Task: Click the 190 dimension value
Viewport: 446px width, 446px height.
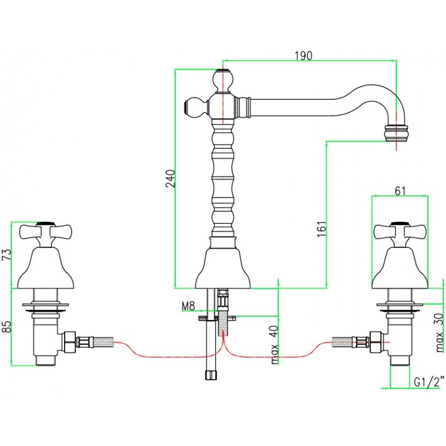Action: click(303, 56)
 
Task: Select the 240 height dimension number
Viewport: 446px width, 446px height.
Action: click(171, 178)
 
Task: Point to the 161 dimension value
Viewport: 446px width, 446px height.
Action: click(321, 229)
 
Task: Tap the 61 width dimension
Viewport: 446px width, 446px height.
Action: click(400, 191)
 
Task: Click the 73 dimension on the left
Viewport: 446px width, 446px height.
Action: click(7, 254)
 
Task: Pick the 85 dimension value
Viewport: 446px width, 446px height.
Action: click(7, 327)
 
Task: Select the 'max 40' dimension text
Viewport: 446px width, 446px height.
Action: click(274, 345)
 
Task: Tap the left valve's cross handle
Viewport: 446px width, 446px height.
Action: click(46, 232)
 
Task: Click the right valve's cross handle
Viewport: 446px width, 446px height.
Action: click(400, 232)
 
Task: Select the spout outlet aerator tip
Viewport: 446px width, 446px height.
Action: click(396, 133)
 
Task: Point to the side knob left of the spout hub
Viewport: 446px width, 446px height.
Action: click(196, 108)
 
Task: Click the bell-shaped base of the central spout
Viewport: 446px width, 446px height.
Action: click(223, 268)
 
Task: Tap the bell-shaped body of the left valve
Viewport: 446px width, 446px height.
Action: click(46, 268)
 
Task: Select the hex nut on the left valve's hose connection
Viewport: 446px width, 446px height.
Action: click(70, 342)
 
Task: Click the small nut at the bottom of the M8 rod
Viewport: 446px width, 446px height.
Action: click(211, 375)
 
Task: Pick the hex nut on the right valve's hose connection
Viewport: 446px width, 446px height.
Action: click(375, 342)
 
